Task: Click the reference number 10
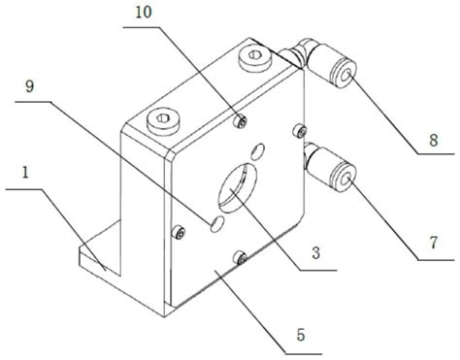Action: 144,13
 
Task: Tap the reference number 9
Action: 29,86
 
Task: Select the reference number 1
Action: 25,173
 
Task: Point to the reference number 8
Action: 434,140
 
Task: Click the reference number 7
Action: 434,243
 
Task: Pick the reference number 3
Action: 315,252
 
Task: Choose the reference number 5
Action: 301,335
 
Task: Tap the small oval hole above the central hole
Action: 257,151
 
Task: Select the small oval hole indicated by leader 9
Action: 216,224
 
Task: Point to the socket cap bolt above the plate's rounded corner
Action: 162,120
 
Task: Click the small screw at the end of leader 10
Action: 240,121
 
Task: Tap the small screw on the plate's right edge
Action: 300,130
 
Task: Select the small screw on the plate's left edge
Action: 179,232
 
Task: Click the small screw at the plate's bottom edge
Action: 241,257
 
